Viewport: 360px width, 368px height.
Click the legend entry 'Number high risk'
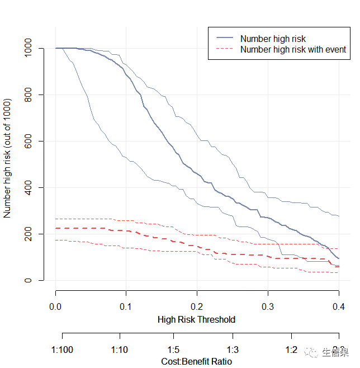273,39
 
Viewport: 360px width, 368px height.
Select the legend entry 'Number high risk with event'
293,49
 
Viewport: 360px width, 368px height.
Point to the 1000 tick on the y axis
29,48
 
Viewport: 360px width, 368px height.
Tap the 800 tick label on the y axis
29,95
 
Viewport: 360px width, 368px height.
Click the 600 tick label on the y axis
29,141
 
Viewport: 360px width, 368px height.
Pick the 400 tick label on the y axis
29,187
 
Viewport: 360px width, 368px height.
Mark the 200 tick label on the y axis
29,234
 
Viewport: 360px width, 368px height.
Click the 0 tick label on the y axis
29,280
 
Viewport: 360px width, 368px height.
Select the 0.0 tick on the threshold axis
55,306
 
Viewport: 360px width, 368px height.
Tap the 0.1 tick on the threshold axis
126,306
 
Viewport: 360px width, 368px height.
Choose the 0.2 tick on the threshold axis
197,306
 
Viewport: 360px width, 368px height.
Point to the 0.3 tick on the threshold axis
268,306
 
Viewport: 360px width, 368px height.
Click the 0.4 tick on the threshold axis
338,306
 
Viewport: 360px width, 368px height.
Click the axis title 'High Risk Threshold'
196,320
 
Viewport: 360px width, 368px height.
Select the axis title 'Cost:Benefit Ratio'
196,361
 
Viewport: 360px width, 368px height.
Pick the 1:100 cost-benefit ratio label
61,350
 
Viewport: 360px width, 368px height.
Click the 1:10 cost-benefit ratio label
120,350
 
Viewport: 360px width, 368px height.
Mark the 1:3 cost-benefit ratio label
233,350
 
